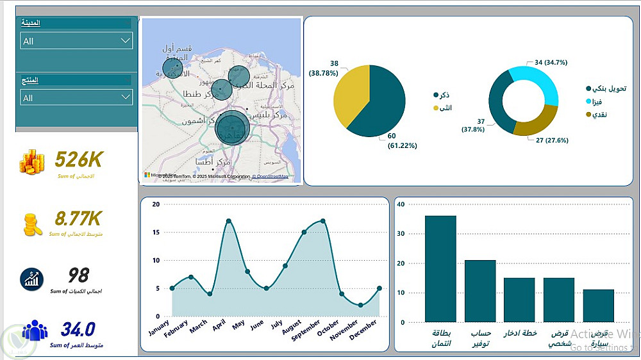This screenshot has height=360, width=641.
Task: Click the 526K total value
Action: pyautogui.click(x=78, y=159)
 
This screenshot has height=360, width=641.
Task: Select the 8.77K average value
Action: pyautogui.click(x=78, y=219)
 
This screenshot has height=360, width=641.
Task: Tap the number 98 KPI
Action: pyautogui.click(x=78, y=275)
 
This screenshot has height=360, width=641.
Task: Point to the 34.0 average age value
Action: pyautogui.click(x=78, y=330)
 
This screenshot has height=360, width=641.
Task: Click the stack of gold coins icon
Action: pyautogui.click(x=32, y=161)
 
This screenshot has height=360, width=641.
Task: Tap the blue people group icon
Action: pyautogui.click(x=35, y=331)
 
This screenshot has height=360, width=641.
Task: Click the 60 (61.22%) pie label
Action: pyautogui.click(x=401, y=141)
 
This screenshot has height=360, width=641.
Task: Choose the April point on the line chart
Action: pyautogui.click(x=229, y=221)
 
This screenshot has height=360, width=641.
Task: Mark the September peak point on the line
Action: pyautogui.click(x=322, y=221)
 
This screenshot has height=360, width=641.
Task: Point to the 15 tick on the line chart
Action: pyautogui.click(x=155, y=232)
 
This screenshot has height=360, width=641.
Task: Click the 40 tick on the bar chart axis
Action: pyautogui.click(x=401, y=204)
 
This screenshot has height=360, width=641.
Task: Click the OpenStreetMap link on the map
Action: pyautogui.click(x=270, y=176)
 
